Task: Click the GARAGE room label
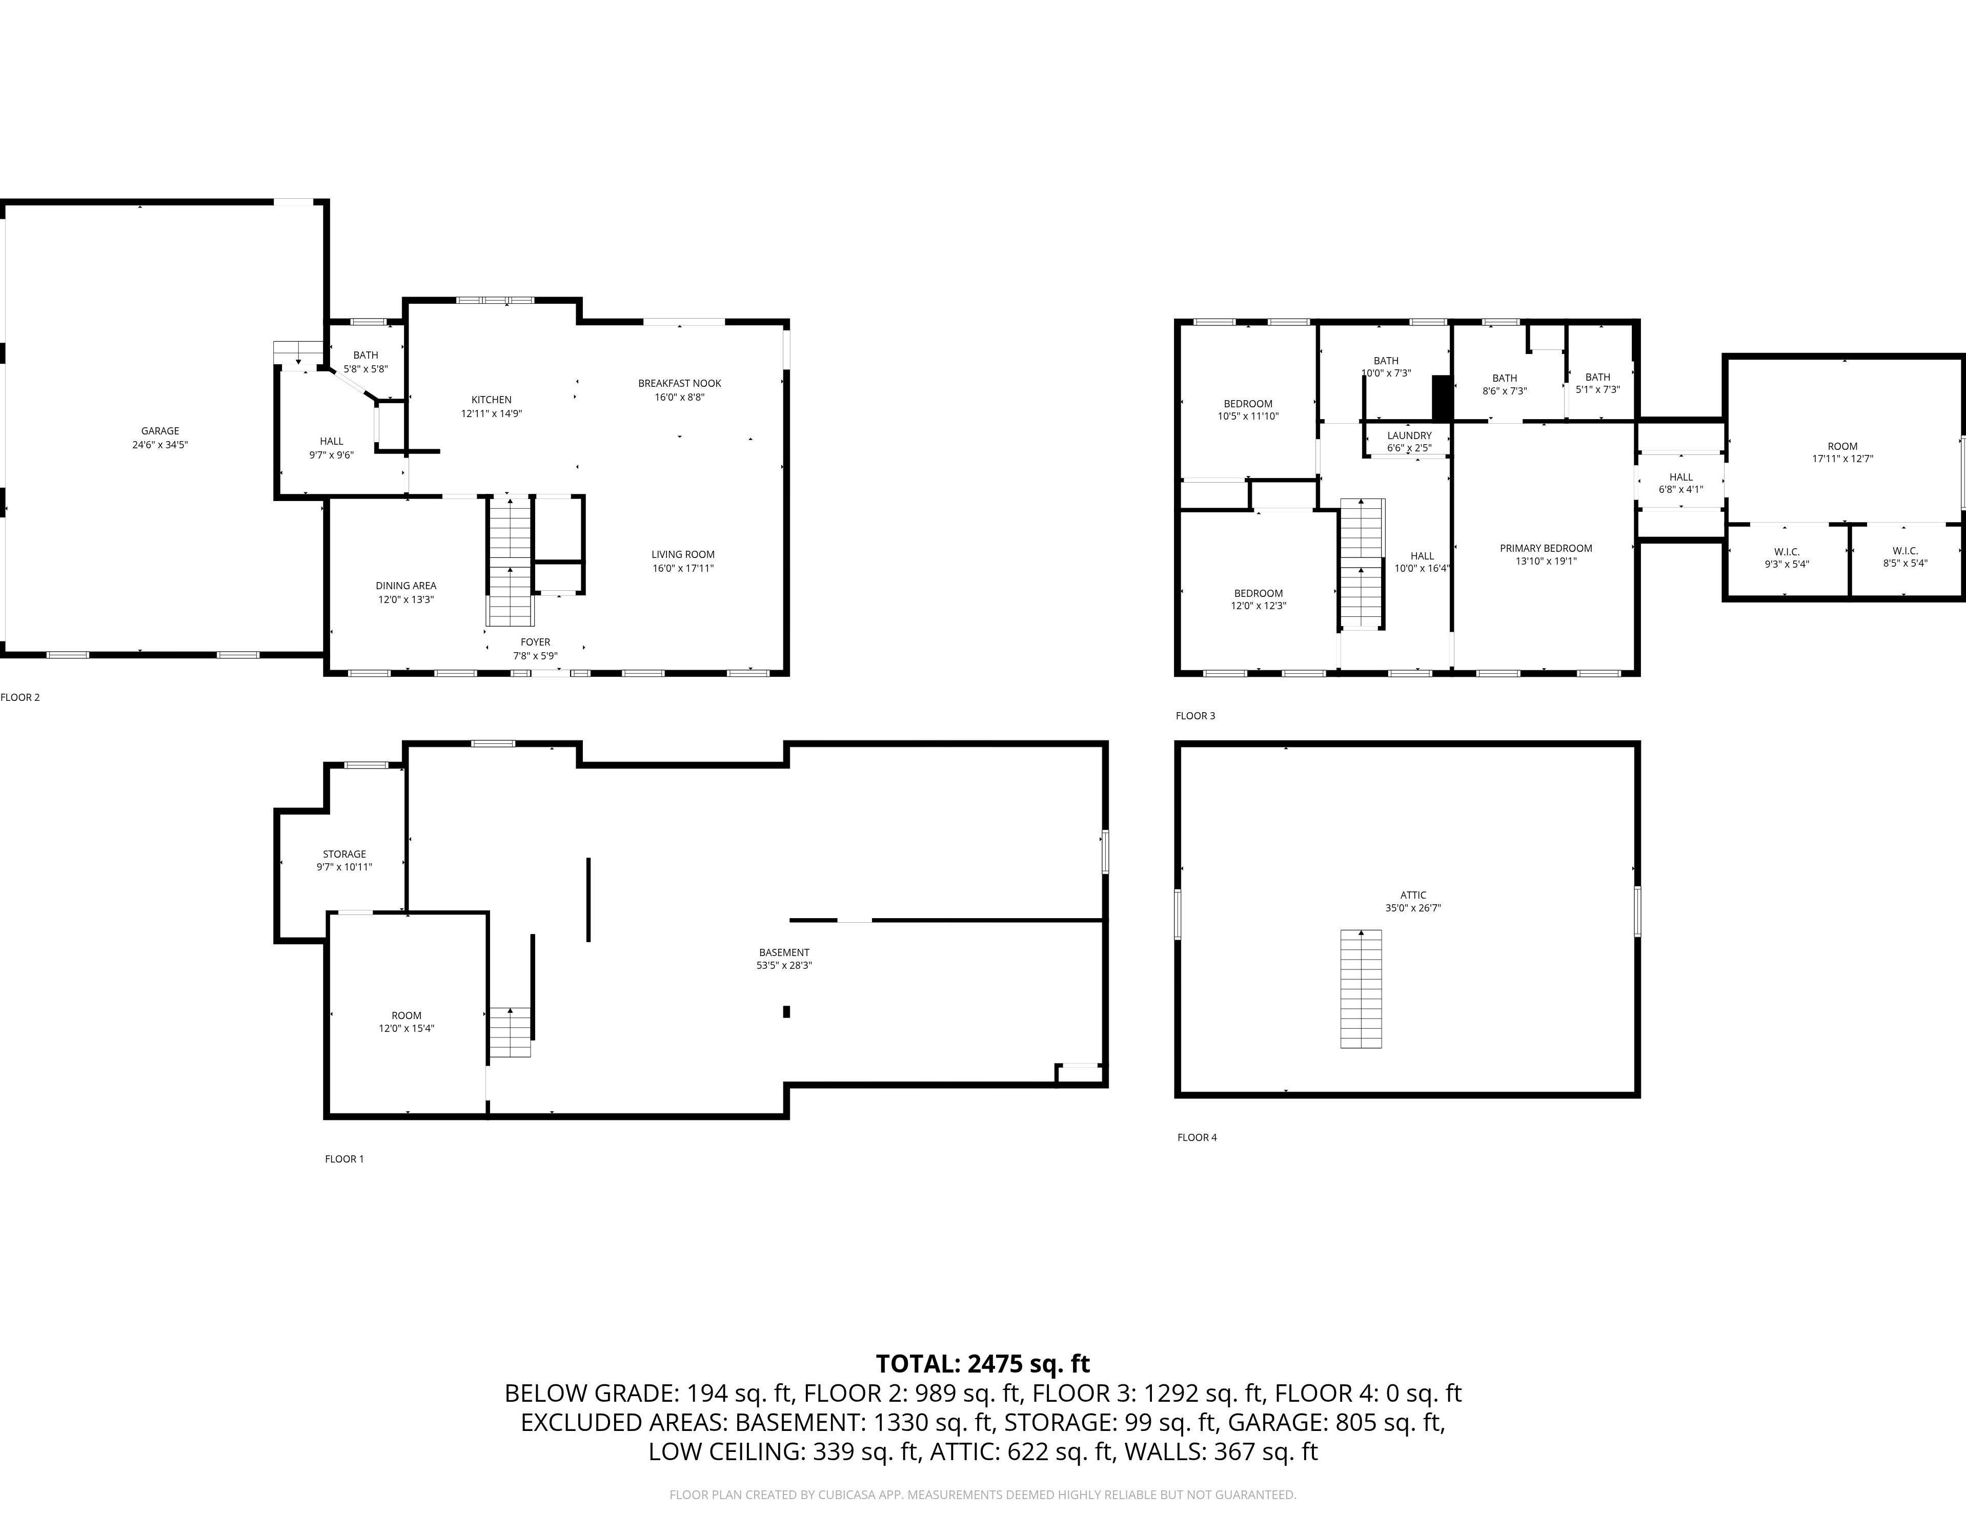[160, 431]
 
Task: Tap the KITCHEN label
[492, 400]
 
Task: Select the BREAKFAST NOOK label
[680, 383]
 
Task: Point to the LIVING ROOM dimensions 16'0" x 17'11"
[683, 569]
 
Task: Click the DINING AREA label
[406, 586]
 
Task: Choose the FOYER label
[536, 641]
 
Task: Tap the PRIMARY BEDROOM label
[1546, 548]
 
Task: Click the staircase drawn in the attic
[1361, 989]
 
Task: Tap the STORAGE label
[345, 854]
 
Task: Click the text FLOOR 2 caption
[20, 697]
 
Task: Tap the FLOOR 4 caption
[1197, 1137]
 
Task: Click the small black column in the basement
[787, 1011]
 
